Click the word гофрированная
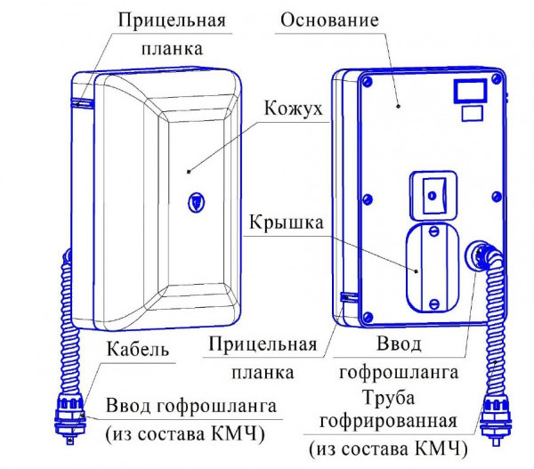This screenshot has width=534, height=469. point(400,420)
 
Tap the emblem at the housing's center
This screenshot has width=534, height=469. point(195,202)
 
